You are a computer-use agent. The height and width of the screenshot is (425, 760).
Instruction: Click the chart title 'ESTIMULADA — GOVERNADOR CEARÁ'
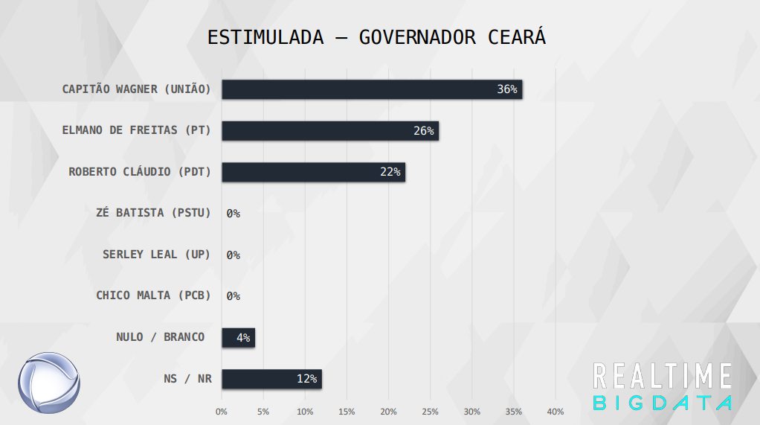coord(376,38)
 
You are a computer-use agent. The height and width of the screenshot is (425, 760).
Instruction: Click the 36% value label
coord(507,89)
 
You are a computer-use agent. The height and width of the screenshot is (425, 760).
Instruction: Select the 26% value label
coord(424,131)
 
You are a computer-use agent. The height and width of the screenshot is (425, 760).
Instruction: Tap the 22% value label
coord(390,172)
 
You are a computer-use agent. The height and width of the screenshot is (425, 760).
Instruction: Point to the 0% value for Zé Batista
coord(233,214)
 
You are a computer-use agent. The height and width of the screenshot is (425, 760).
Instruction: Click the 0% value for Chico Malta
coord(233,296)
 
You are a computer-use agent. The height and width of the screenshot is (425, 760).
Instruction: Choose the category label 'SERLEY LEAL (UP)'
coord(156,255)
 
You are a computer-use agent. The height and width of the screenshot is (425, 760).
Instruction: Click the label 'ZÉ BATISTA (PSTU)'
coord(153,213)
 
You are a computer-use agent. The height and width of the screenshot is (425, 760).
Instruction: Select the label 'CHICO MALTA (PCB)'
coord(153,295)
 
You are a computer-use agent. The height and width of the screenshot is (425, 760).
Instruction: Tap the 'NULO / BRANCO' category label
coord(160,337)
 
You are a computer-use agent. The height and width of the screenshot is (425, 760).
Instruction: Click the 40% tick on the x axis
coord(555,412)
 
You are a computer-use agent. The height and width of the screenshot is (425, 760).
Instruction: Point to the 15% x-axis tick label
coord(347,412)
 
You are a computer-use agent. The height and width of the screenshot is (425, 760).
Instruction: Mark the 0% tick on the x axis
coord(222,412)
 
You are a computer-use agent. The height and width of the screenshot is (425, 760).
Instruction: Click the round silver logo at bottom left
coord(49,383)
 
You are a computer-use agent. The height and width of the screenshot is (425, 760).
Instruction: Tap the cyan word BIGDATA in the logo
coord(663,403)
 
